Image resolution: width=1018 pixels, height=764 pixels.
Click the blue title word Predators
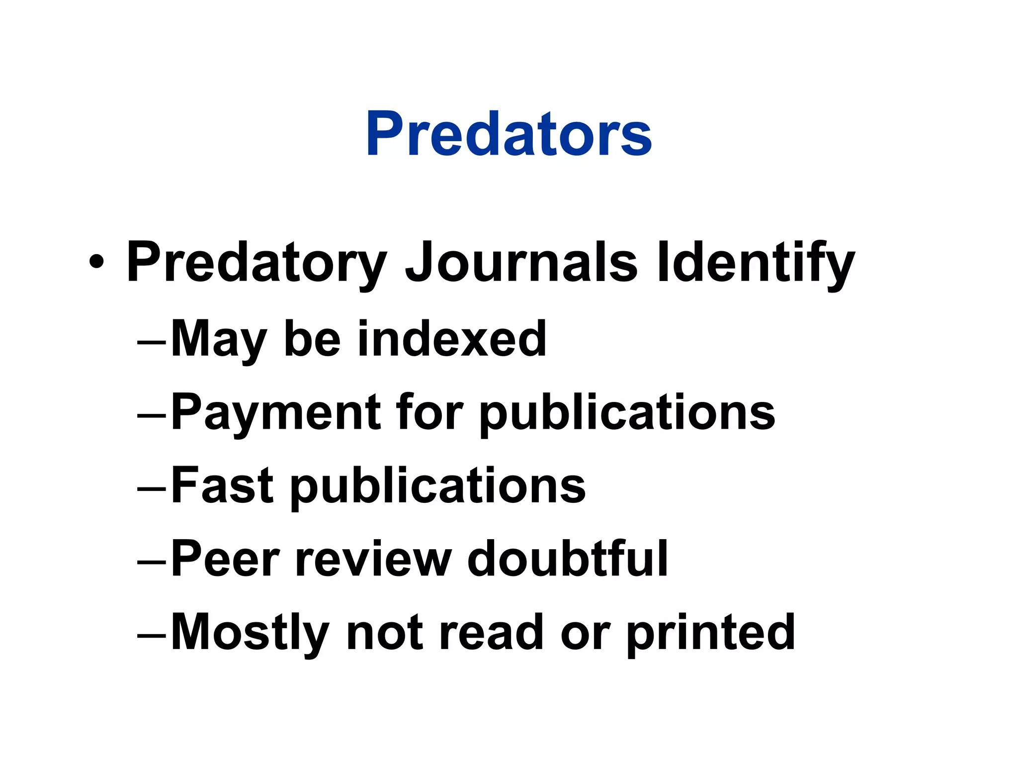click(x=509, y=133)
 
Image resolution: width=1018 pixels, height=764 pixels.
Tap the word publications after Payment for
click(x=627, y=413)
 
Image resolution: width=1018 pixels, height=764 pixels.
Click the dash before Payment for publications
click(x=152, y=416)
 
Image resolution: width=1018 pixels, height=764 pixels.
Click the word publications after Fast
click(x=438, y=486)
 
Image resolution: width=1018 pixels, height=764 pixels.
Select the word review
click(x=374, y=559)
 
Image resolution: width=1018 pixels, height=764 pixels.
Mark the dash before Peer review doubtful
click(x=152, y=562)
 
